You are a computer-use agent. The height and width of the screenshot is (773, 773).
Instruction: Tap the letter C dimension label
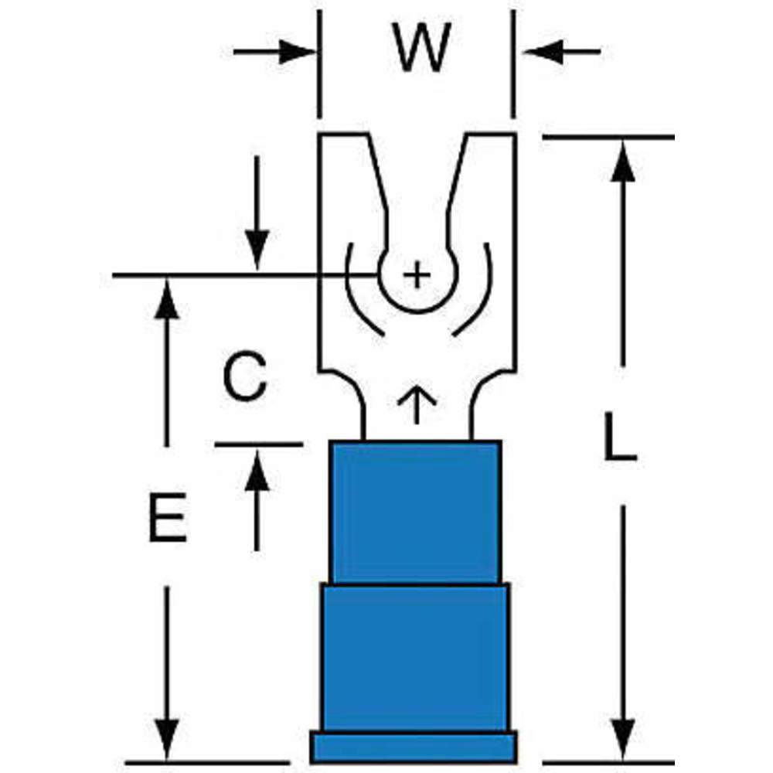pyautogui.click(x=245, y=378)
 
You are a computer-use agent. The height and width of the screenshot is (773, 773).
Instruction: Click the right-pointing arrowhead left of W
pyautogui.click(x=297, y=53)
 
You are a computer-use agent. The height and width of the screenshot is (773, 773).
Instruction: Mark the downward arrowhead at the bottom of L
pyautogui.click(x=622, y=737)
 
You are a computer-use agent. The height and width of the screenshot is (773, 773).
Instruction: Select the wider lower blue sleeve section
pyautogui.click(x=415, y=657)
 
